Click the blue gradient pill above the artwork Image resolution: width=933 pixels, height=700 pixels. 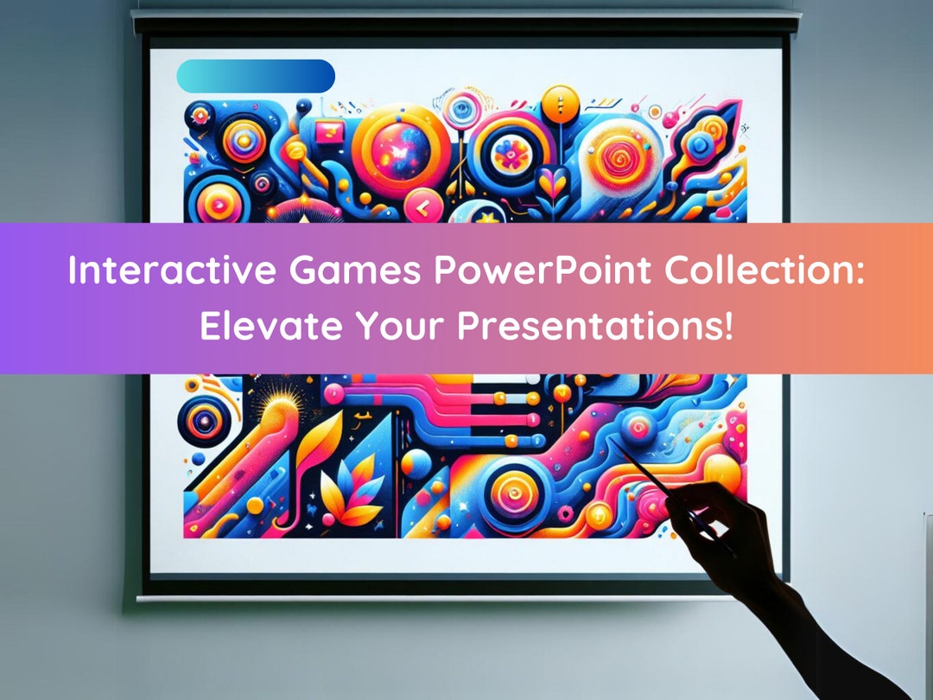click(256, 76)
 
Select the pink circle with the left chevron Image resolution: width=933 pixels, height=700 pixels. click(422, 207)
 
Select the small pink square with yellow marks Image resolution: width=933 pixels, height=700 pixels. click(328, 132)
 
